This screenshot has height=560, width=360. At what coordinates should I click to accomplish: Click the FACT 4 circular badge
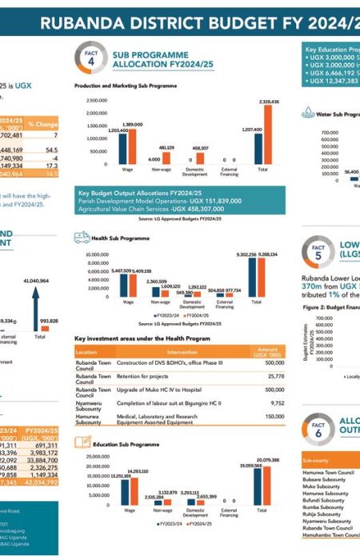click(x=90, y=57)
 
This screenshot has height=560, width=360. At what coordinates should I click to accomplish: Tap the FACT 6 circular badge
click(x=318, y=428)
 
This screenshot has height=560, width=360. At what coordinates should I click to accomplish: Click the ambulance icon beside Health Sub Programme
click(x=81, y=237)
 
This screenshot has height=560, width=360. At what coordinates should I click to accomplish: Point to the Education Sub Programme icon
click(x=81, y=442)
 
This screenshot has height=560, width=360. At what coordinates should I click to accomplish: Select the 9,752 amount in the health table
click(x=273, y=403)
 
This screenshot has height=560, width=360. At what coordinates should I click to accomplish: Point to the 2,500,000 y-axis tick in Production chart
click(x=95, y=101)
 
